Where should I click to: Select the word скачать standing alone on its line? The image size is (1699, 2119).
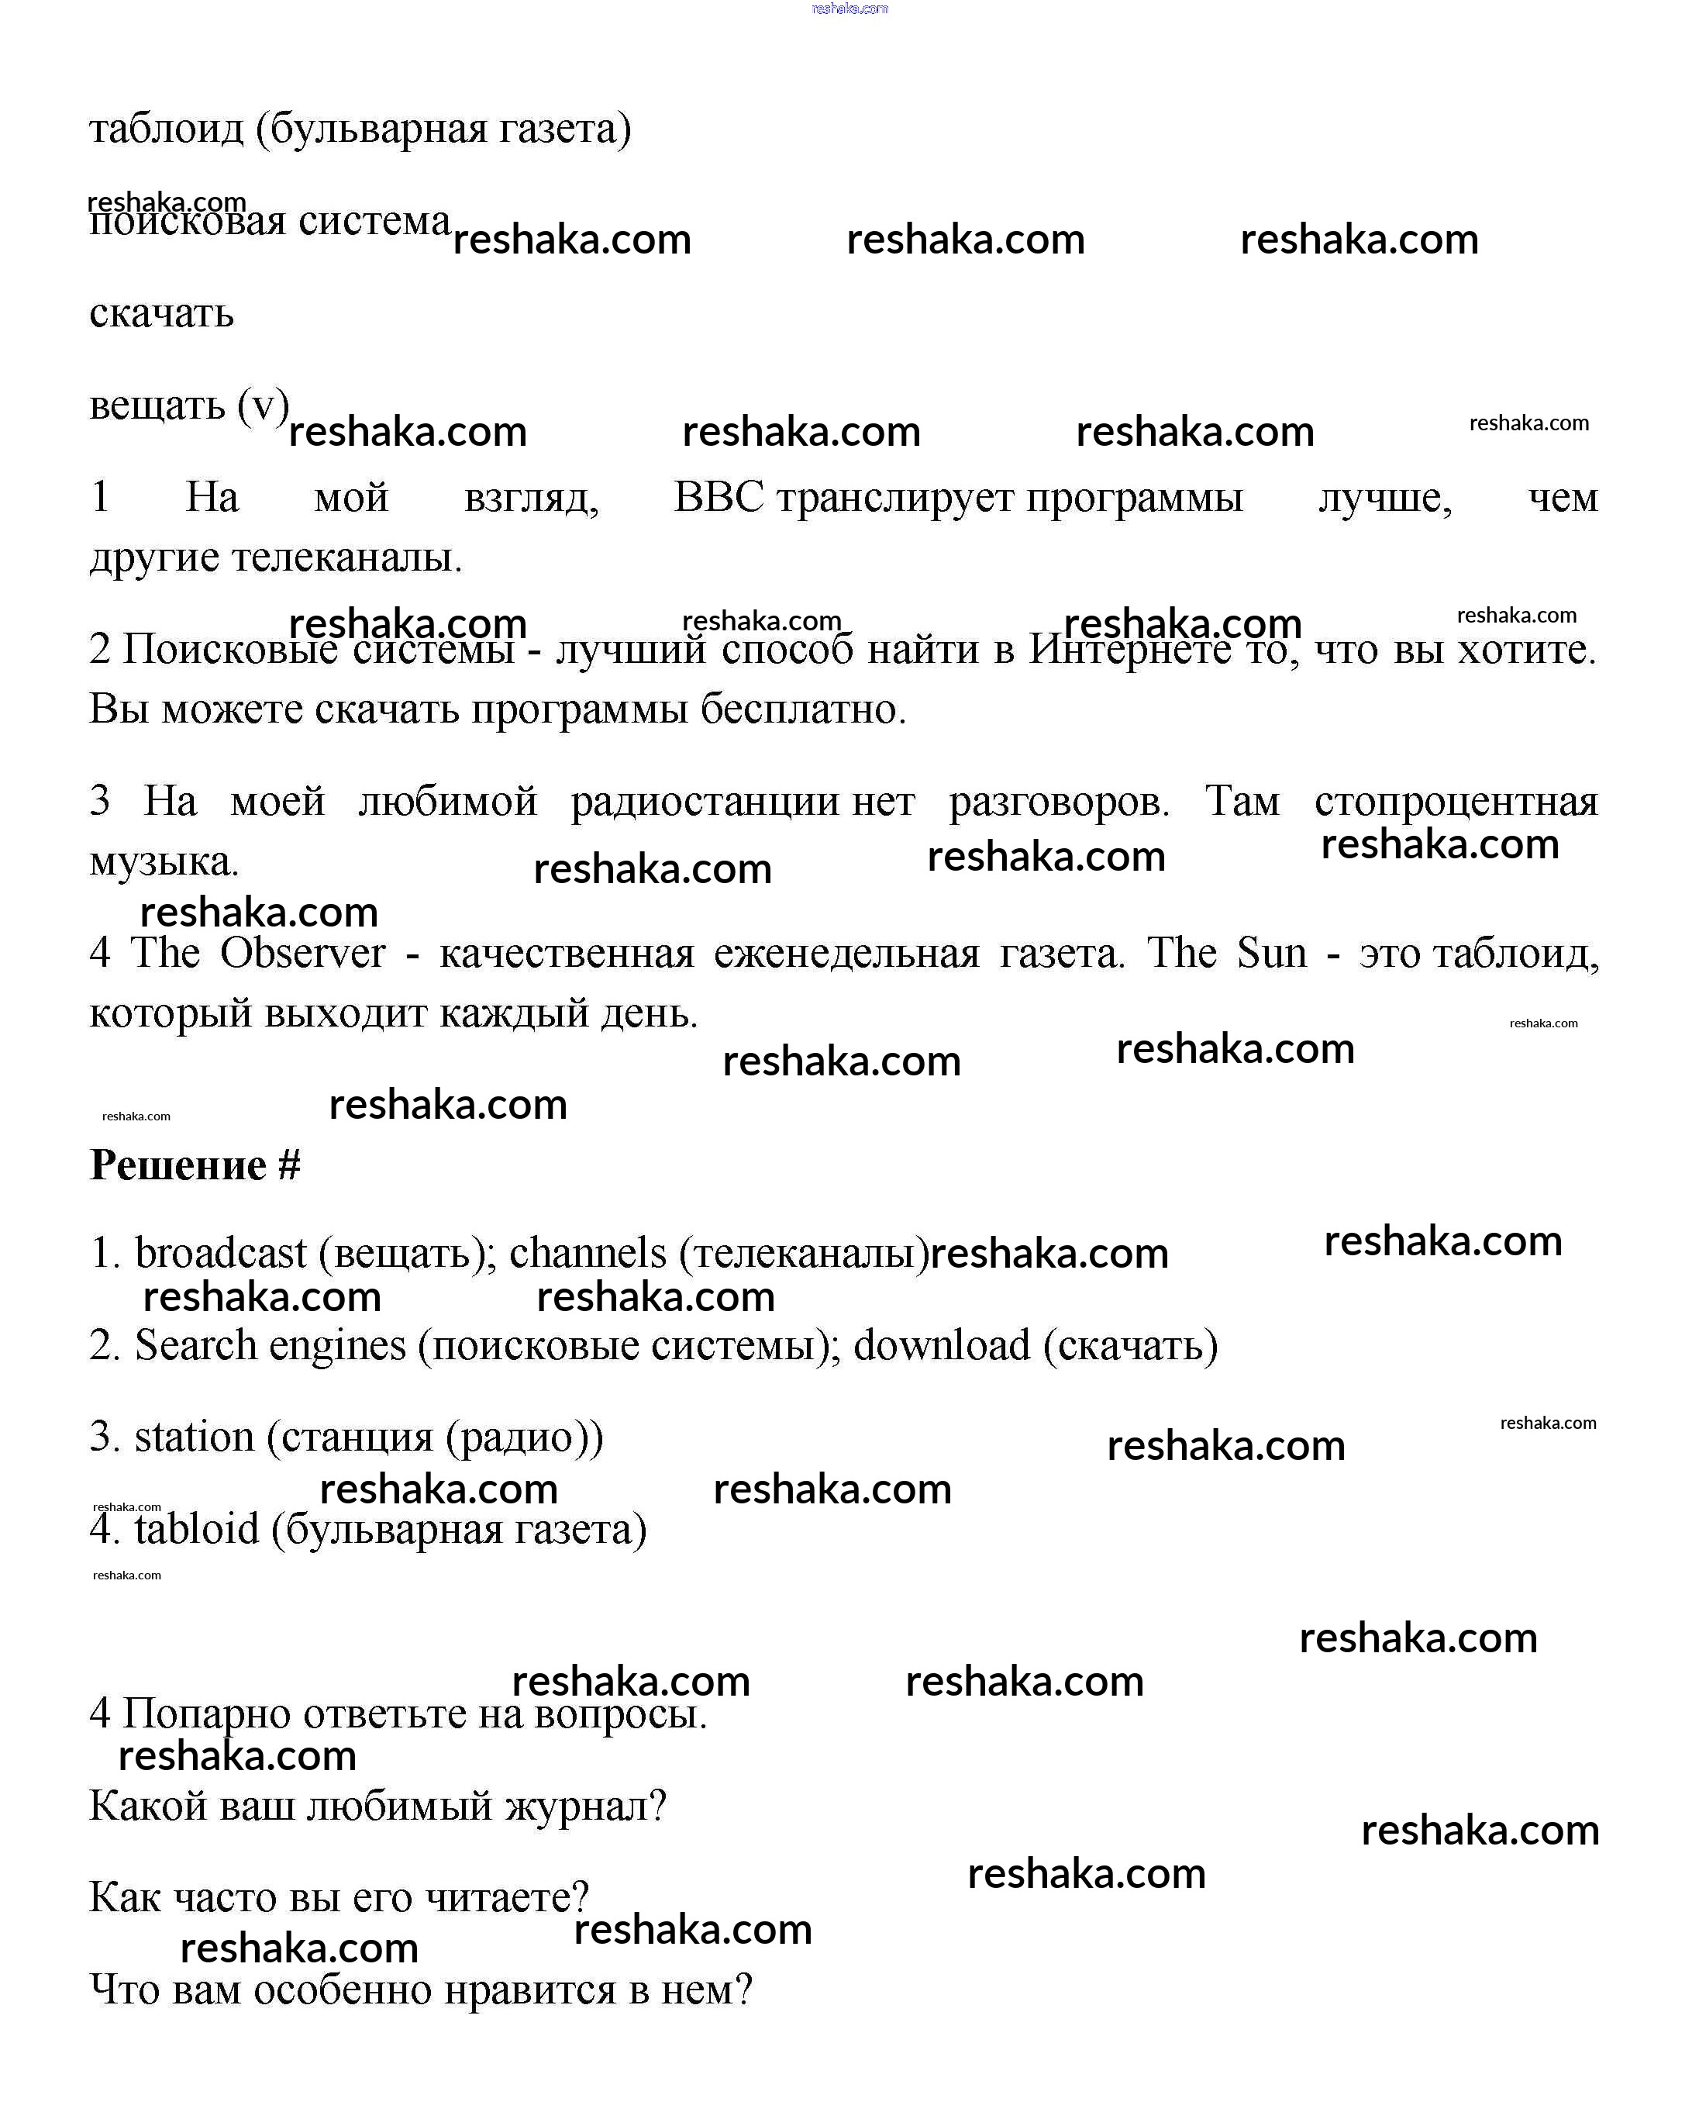pos(161,313)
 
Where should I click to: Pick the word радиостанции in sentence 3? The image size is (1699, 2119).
pos(705,802)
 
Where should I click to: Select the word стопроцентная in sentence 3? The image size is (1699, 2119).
pos(1456,802)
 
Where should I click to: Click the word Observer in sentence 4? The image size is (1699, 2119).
pos(302,954)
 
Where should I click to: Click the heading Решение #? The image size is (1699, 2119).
pos(195,1165)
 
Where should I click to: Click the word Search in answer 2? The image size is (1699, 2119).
pos(195,1345)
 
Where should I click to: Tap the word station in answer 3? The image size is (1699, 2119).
pos(194,1438)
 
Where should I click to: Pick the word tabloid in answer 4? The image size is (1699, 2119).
pos(197,1531)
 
